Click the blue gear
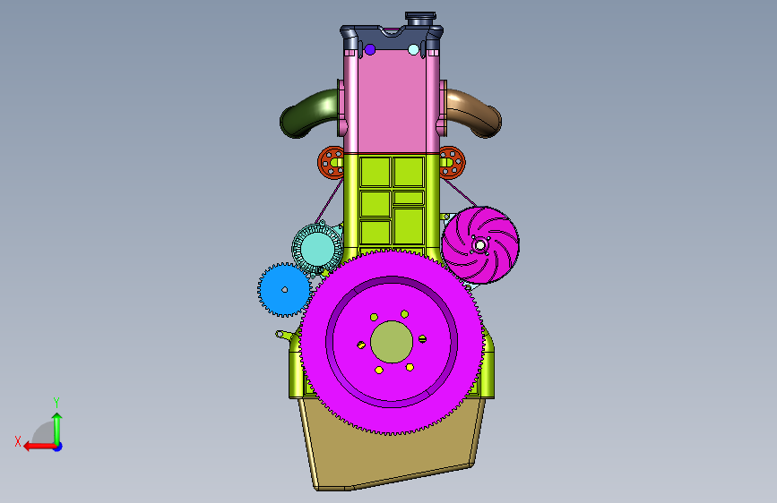click(x=284, y=290)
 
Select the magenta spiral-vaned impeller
click(x=480, y=245)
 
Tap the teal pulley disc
click(x=317, y=249)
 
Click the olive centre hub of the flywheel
click(x=392, y=342)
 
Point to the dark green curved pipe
click(x=307, y=113)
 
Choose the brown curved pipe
click(x=476, y=113)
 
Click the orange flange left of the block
click(x=331, y=162)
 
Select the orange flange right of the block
click(x=452, y=162)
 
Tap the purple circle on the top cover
click(x=369, y=49)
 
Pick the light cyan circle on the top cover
click(x=413, y=49)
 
